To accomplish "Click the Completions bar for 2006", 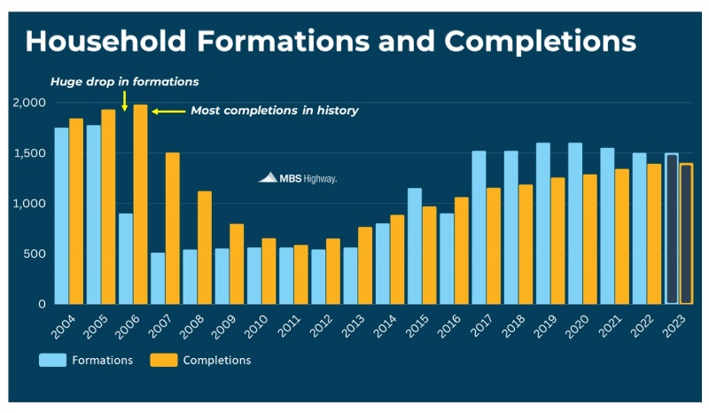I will click(x=140, y=204).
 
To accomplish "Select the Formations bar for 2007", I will click(x=158, y=278).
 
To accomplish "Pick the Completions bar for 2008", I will click(x=204, y=247).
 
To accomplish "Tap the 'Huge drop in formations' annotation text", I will click(x=124, y=82).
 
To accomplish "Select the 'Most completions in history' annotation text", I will click(x=275, y=112).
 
